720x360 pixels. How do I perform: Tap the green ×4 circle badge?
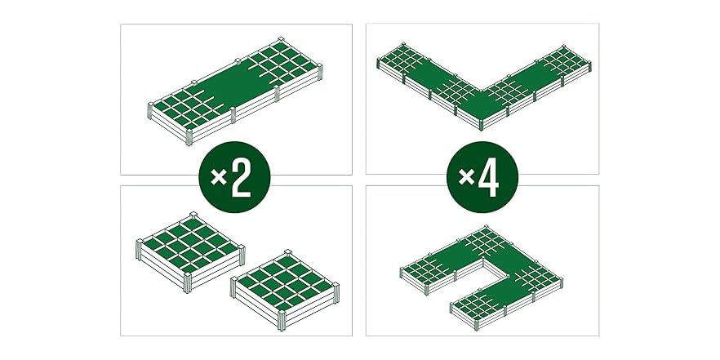[482, 180]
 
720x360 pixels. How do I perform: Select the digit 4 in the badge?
[491, 180]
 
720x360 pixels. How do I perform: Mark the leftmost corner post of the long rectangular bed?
[149, 113]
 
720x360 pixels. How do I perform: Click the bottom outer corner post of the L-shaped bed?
[482, 123]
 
